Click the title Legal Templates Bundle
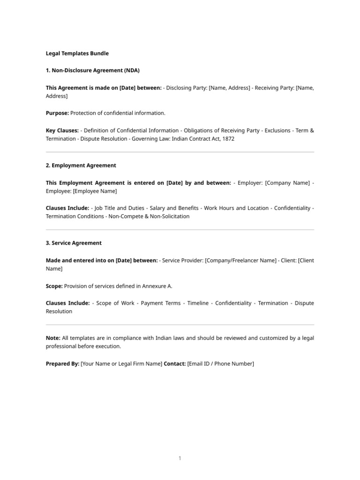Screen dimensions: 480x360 [x=77, y=53]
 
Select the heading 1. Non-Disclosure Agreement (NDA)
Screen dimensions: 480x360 [x=93, y=70]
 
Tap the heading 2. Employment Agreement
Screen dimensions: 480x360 [x=81, y=165]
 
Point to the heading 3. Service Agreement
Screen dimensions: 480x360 [x=74, y=243]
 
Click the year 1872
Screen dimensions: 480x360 [x=228, y=139]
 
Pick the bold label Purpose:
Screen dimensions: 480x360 [x=57, y=113]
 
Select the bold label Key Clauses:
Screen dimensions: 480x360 [x=62, y=130]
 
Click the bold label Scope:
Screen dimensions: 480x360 [x=54, y=286]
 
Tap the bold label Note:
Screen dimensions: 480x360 [x=53, y=337]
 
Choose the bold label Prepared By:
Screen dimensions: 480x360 [x=62, y=364]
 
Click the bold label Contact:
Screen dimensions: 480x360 [x=174, y=364]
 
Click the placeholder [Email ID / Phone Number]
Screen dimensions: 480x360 [x=220, y=364]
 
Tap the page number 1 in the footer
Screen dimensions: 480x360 [x=180, y=458]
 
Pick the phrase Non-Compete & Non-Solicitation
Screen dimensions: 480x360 [x=149, y=217]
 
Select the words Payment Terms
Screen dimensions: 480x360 [x=161, y=303]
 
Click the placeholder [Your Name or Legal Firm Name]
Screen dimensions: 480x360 [x=121, y=364]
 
